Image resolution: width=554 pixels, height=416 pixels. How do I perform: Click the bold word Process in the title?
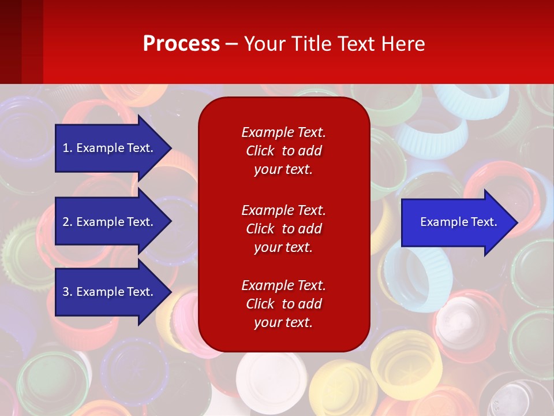pyautogui.click(x=181, y=44)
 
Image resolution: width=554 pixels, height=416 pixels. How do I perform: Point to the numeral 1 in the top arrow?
pyautogui.click(x=66, y=148)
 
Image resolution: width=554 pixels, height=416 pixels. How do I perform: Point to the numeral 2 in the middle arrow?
pyautogui.click(x=66, y=222)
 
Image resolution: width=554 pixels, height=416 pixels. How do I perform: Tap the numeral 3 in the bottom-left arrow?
pyautogui.click(x=66, y=292)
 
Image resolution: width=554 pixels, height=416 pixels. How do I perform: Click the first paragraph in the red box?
pyautogui.click(x=283, y=151)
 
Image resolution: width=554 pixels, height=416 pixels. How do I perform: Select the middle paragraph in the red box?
pyautogui.click(x=283, y=229)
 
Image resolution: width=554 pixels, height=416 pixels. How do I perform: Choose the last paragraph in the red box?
pyautogui.click(x=283, y=304)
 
